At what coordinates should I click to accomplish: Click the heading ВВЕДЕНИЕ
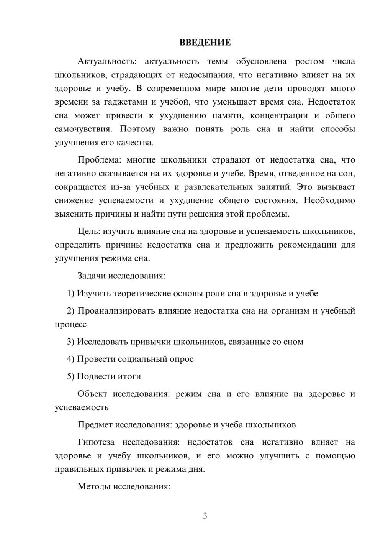click(x=205, y=43)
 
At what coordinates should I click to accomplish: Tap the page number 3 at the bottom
click(x=205, y=516)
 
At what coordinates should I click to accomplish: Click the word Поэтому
click(x=137, y=129)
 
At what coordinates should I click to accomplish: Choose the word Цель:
click(x=89, y=231)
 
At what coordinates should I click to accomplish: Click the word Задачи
click(x=92, y=276)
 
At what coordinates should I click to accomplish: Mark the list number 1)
click(x=71, y=293)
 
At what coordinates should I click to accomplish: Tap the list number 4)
click(x=71, y=359)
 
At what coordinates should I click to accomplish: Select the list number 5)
click(x=71, y=376)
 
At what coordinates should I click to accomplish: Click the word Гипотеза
click(x=96, y=442)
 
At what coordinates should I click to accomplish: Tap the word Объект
click(x=92, y=394)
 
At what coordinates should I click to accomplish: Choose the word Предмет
click(x=95, y=424)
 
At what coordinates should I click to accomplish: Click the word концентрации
click(x=279, y=115)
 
